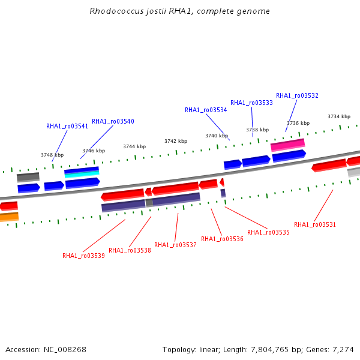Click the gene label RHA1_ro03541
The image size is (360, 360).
click(67, 126)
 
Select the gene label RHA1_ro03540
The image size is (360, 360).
click(113, 121)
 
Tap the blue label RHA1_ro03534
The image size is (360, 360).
click(206, 110)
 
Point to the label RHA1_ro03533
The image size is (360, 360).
click(251, 103)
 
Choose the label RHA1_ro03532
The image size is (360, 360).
click(297, 96)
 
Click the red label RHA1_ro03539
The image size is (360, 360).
click(83, 256)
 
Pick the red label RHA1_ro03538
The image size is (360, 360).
click(130, 250)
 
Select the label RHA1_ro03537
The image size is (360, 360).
click(175, 245)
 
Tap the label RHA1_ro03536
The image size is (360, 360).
click(222, 239)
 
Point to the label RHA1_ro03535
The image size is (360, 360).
click(268, 232)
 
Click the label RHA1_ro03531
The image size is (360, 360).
click(315, 224)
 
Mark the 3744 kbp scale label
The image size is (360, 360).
click(134, 146)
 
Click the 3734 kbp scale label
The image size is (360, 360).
click(339, 116)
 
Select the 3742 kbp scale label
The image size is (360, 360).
click(176, 141)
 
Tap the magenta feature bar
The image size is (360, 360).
click(288, 145)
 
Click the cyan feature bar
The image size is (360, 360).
click(82, 174)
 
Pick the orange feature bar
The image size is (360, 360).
click(9, 217)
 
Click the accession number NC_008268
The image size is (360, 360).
click(65, 350)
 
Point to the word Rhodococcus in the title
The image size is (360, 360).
click(116, 11)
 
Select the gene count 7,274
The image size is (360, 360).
click(343, 350)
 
